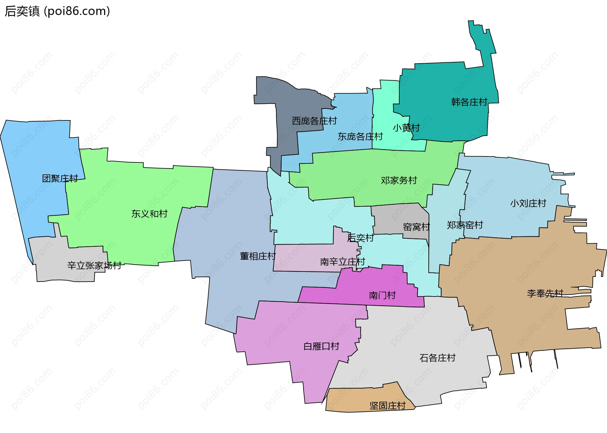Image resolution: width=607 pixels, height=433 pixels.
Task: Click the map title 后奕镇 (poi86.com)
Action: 57,11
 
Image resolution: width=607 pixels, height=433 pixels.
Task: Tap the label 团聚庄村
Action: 60,179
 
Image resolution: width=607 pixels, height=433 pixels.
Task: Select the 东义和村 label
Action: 150,214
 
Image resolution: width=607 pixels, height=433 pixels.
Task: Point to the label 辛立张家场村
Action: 94,265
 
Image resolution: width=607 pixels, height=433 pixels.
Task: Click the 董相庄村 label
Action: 258,256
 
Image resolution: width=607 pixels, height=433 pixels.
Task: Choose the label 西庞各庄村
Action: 314,121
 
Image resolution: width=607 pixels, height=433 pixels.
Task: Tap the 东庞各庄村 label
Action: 360,137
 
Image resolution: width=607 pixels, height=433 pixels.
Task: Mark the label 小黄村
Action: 406,128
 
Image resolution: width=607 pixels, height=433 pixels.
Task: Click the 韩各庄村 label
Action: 469,102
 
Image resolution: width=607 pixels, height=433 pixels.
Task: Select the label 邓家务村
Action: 399,180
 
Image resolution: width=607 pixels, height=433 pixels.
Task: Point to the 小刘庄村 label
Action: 528,203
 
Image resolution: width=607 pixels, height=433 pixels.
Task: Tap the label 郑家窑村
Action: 465,225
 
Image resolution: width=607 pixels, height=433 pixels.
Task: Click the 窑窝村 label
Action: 416,227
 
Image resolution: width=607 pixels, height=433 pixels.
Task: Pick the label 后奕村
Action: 360,238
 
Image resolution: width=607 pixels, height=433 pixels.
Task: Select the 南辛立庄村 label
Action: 342,262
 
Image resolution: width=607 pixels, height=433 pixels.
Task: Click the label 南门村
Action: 382,296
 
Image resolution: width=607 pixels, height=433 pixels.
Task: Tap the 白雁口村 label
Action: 321,346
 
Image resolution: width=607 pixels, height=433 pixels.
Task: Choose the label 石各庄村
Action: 437,358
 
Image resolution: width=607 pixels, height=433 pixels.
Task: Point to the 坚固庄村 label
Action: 388,406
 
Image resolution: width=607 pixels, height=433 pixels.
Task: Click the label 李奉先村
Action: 545,294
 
